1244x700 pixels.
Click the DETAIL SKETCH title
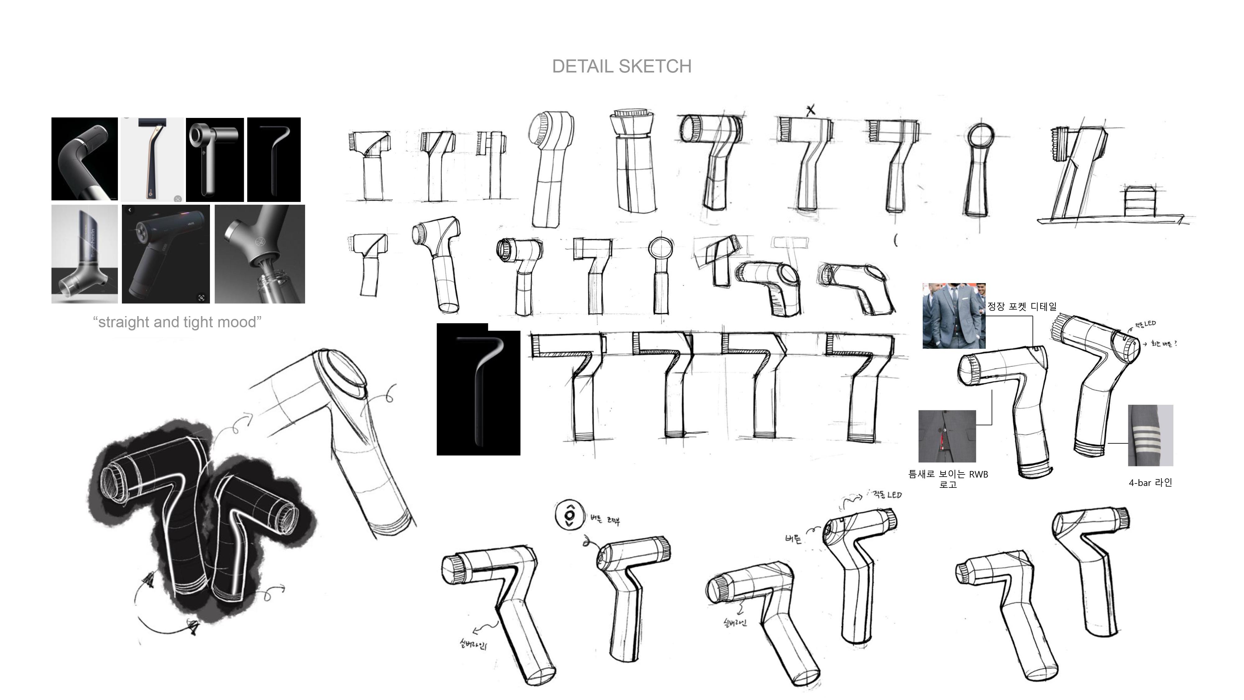coord(621,67)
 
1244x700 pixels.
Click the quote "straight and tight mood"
coord(177,322)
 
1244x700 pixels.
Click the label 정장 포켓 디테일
coord(1021,306)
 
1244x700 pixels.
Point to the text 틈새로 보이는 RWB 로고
coord(948,479)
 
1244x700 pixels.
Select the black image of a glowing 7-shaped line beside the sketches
coord(478,390)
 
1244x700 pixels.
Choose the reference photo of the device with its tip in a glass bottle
coord(260,254)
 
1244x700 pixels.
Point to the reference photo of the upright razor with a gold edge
coord(152,159)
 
